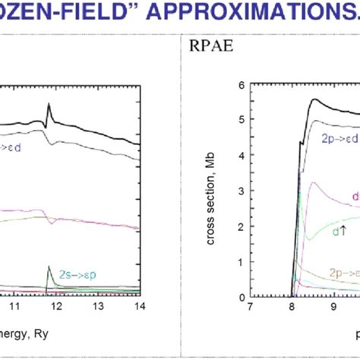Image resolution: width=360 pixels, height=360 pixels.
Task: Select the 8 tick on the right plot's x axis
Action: [x=292, y=308]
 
